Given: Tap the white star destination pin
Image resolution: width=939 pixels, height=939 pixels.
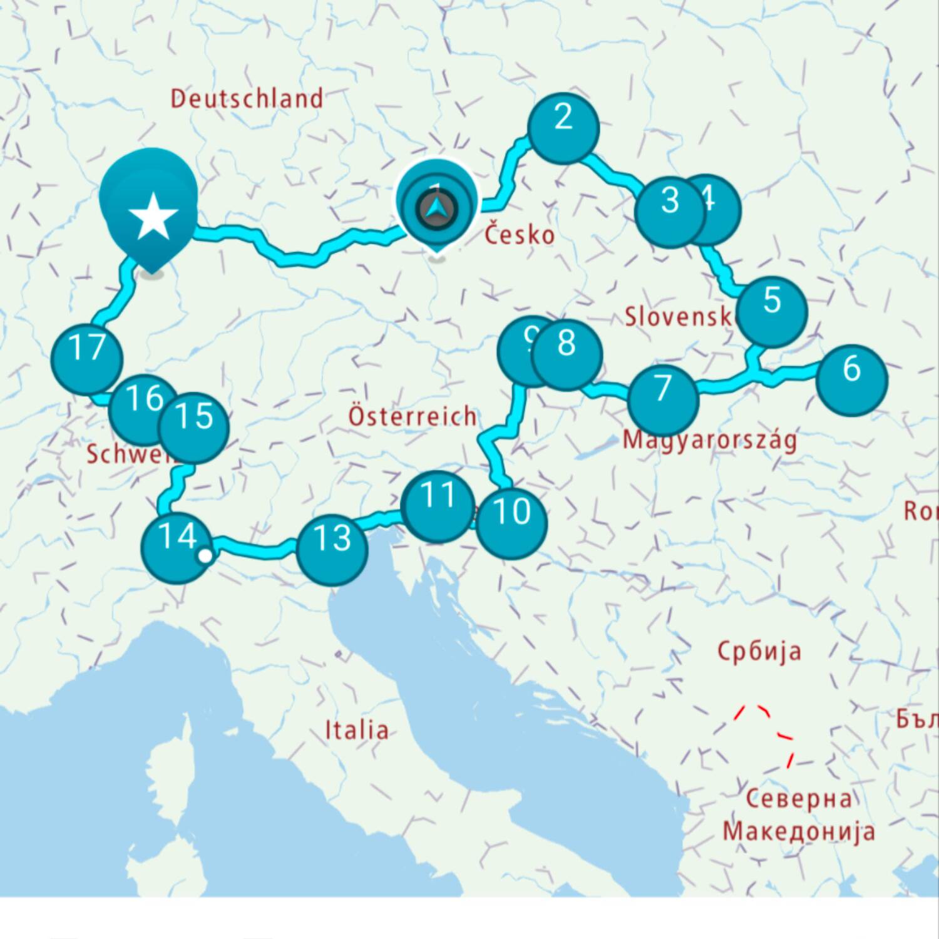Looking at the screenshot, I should click(x=152, y=216).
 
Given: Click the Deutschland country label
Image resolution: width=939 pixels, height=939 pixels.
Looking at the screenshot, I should click(x=247, y=99).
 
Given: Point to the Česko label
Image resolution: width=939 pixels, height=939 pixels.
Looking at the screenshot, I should click(x=520, y=235).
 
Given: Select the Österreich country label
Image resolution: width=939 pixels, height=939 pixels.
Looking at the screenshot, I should click(x=412, y=416).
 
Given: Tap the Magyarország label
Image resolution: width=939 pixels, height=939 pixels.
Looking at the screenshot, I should click(x=710, y=439).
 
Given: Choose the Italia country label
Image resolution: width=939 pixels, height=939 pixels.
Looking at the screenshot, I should click(x=357, y=730).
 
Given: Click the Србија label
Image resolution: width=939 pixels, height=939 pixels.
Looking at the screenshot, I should click(x=759, y=652).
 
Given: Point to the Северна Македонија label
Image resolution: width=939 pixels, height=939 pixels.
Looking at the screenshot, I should click(x=799, y=815).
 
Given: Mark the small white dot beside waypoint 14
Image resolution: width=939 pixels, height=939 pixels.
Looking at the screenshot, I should click(x=204, y=555).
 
